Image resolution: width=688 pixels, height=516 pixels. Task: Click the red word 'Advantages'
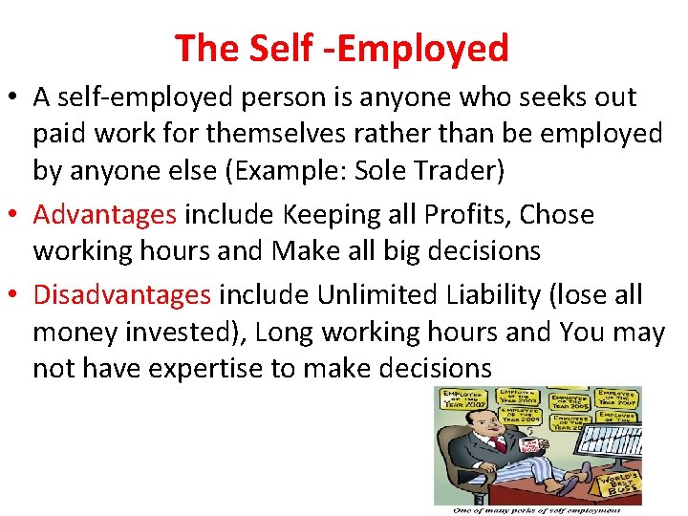(105, 214)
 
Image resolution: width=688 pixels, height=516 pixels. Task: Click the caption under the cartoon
(537, 509)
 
